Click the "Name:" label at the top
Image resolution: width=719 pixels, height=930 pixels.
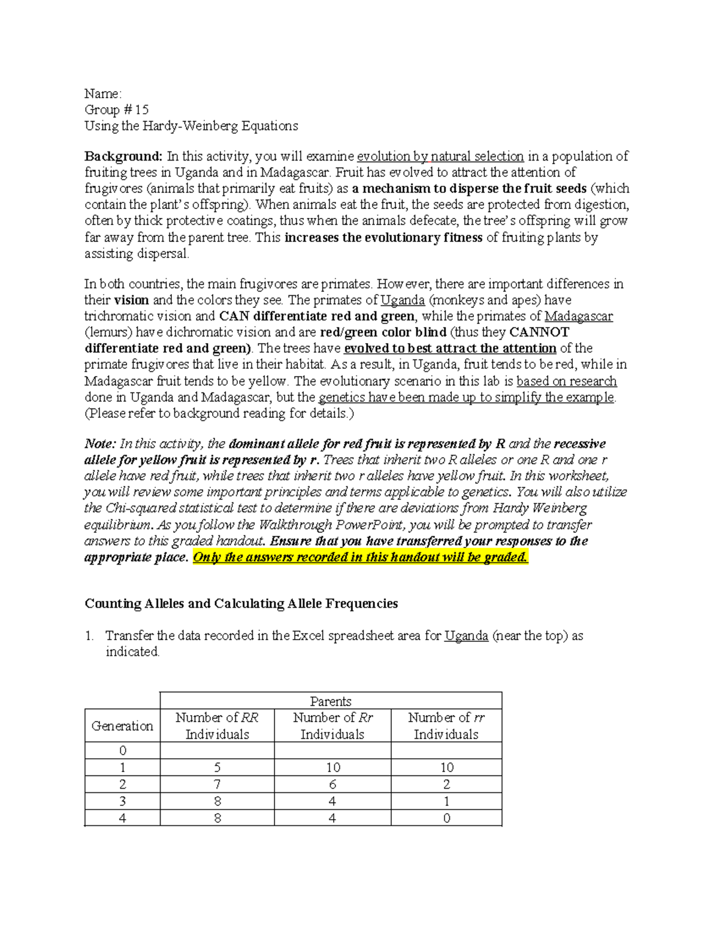pyautogui.click(x=102, y=93)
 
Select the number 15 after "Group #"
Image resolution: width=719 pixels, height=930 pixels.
pyautogui.click(x=141, y=110)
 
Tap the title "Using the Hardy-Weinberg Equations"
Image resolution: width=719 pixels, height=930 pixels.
pyautogui.click(x=191, y=126)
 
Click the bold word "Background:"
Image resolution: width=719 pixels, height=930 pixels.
pyautogui.click(x=123, y=156)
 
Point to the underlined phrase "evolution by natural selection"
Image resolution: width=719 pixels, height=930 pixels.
pyautogui.click(x=440, y=156)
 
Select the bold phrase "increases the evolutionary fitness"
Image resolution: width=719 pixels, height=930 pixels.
pyautogui.click(x=383, y=237)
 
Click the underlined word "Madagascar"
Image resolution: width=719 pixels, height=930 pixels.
pyautogui.click(x=578, y=316)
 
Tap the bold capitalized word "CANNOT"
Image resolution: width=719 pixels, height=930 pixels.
pyautogui.click(x=539, y=332)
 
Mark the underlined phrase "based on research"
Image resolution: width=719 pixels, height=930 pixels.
pyautogui.click(x=566, y=381)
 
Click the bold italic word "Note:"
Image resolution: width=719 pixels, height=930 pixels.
pyautogui.click(x=100, y=444)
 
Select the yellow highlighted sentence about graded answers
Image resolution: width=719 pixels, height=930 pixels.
pyautogui.click(x=360, y=557)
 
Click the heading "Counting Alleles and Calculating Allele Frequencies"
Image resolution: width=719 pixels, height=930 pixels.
pyautogui.click(x=241, y=603)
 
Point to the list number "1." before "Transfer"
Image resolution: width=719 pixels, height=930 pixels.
pyautogui.click(x=89, y=636)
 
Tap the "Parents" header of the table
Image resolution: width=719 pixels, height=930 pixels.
pyautogui.click(x=331, y=701)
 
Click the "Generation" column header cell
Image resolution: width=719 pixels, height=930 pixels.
pyautogui.click(x=122, y=726)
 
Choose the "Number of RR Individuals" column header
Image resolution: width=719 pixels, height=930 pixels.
pyautogui.click(x=217, y=726)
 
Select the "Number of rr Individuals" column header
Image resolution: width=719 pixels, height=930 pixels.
pyautogui.click(x=446, y=726)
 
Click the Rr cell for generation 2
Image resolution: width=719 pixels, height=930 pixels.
pyautogui.click(x=333, y=784)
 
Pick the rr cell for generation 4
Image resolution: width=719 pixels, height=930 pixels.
pyautogui.click(x=446, y=818)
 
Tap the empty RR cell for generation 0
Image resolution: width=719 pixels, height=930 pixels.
pyautogui.click(x=217, y=751)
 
